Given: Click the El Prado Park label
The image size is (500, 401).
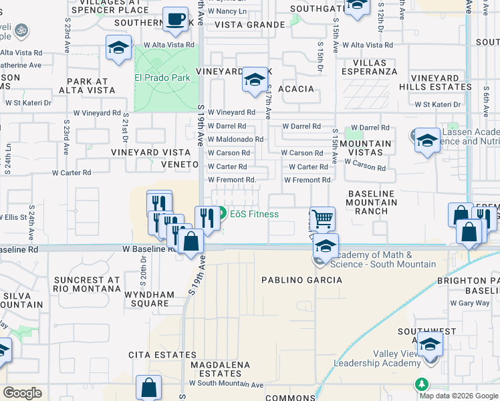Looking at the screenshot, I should point(162,78).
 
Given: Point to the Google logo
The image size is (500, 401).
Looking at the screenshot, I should point(22,393).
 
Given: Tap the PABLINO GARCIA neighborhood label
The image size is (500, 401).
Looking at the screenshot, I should point(301,280).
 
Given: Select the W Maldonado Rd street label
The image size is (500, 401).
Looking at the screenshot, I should point(235,140).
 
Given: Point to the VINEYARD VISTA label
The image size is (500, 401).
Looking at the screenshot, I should point(144,152).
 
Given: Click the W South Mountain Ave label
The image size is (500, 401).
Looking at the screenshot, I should point(226,384).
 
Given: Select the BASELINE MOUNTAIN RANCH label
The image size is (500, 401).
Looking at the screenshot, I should point(372,202).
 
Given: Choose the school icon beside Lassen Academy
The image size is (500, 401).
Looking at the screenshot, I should point(427,141).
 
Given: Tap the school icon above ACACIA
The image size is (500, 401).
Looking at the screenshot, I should point(254,80).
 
